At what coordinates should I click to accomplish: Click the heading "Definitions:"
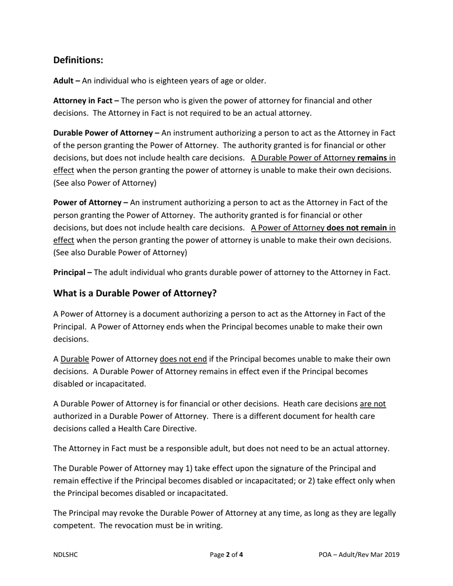click(x=78, y=60)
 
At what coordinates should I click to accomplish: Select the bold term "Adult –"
click(x=66, y=81)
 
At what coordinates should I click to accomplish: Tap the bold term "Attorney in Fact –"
click(x=86, y=101)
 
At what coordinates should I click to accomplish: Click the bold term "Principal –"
click(x=72, y=273)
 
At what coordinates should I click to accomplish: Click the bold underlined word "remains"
click(x=372, y=158)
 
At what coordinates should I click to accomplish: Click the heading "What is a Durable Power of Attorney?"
click(x=135, y=293)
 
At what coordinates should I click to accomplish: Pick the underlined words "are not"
click(x=372, y=404)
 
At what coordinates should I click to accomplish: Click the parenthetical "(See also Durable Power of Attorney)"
click(x=120, y=253)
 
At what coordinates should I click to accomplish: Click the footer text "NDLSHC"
click(x=65, y=555)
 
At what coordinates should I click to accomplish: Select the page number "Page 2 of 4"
click(x=226, y=555)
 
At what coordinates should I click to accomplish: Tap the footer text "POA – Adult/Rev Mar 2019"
click(x=359, y=555)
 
